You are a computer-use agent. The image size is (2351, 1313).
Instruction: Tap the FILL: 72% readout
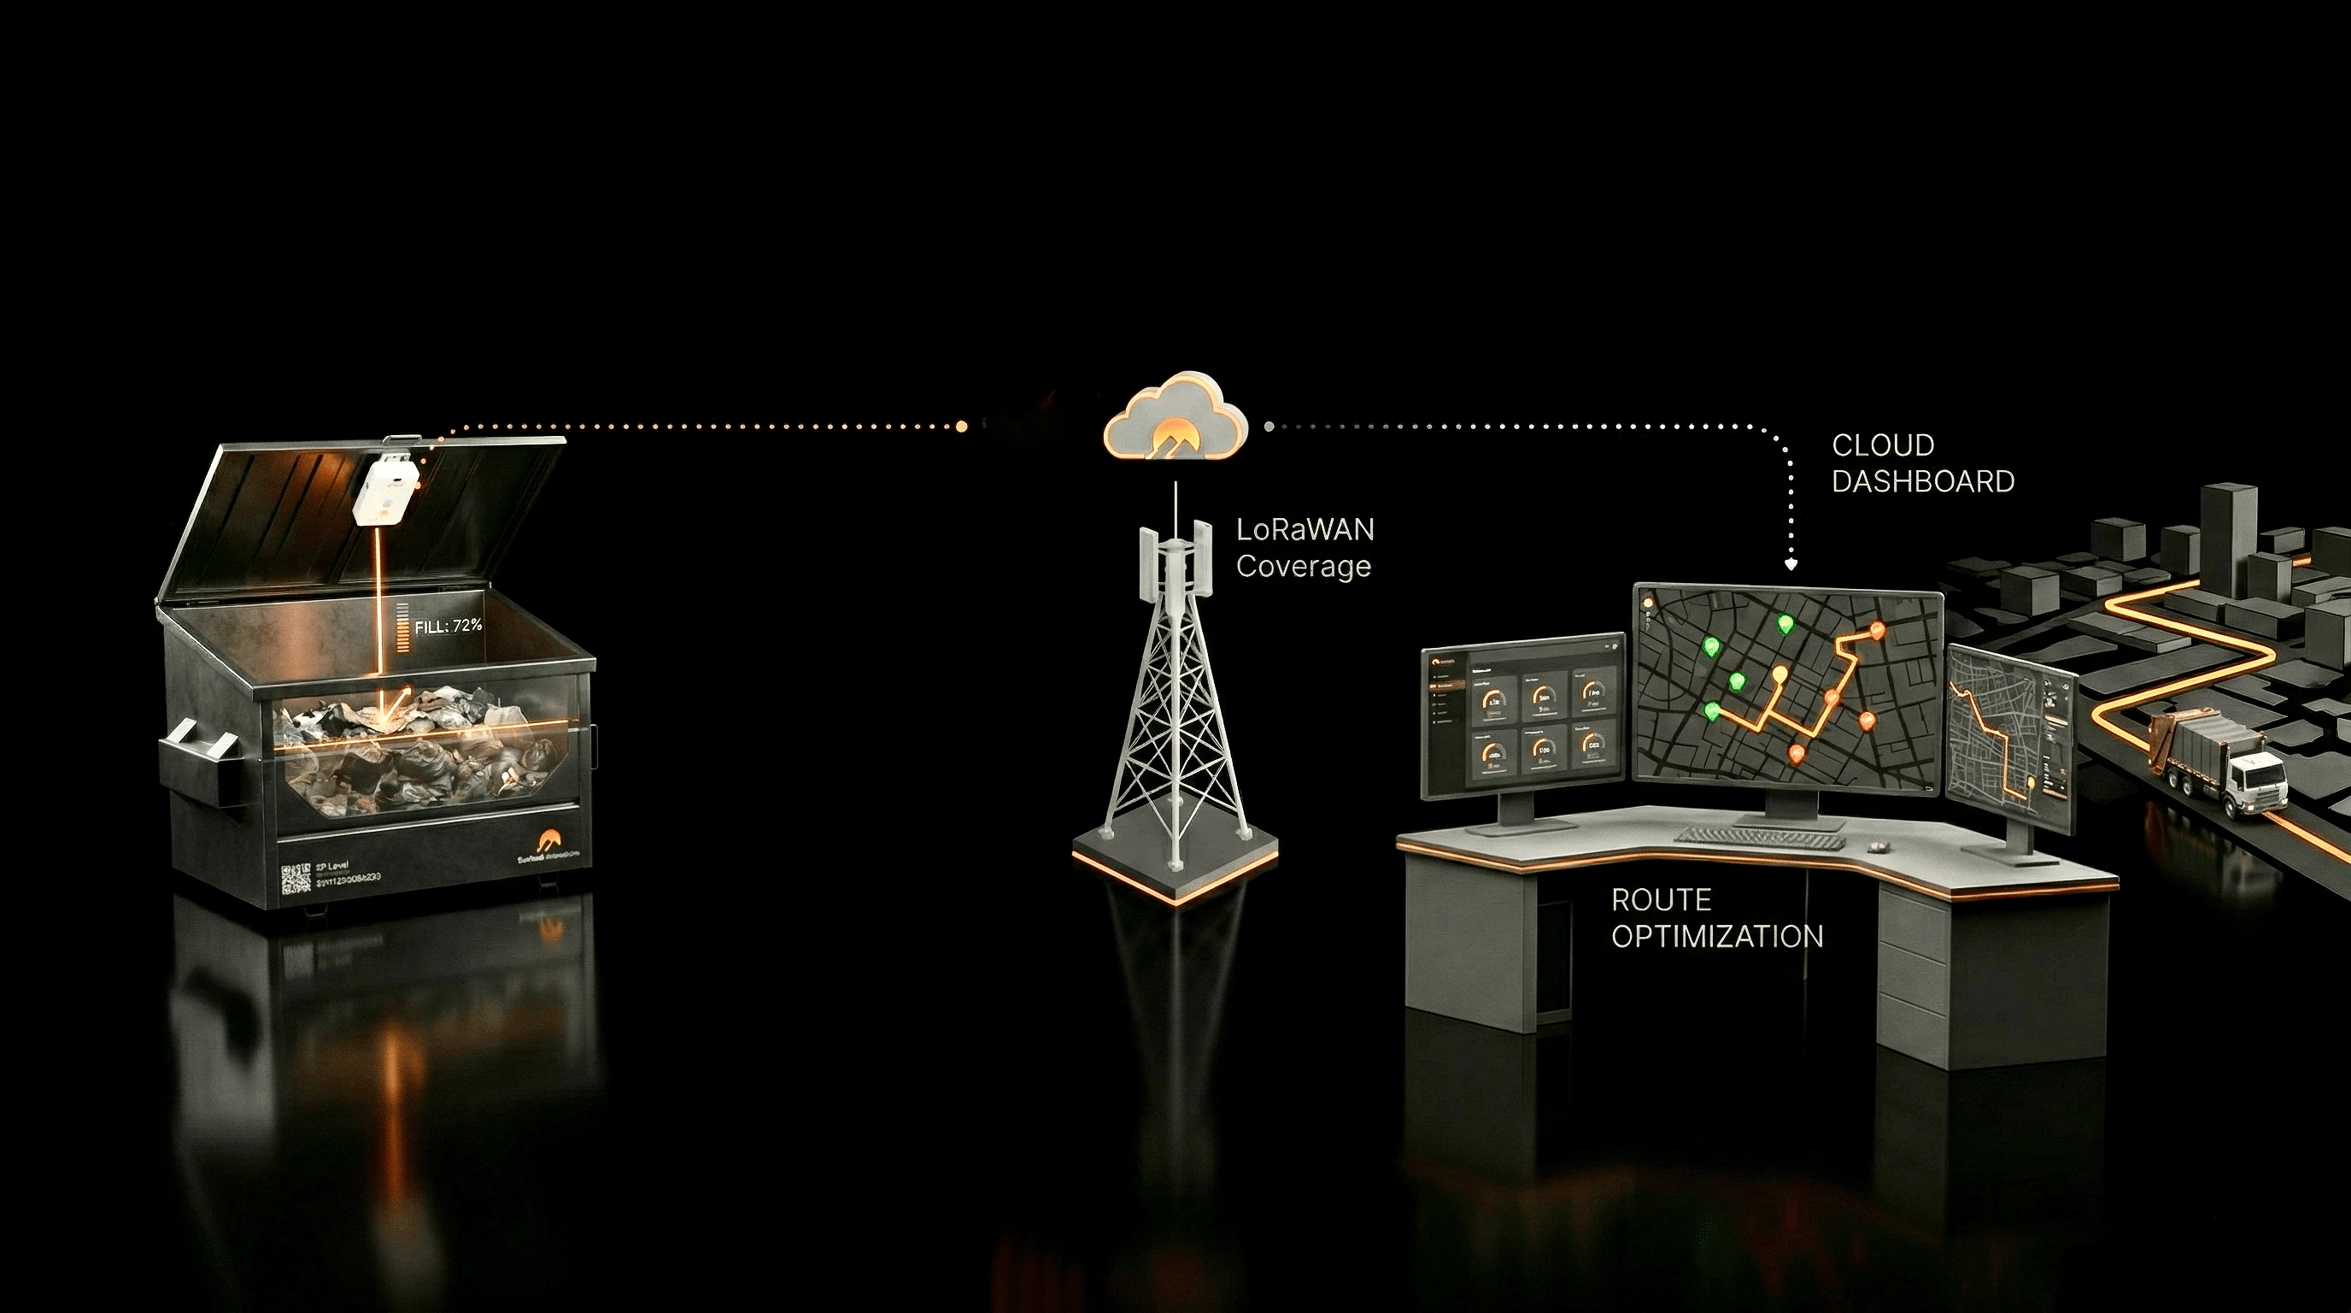tap(447, 627)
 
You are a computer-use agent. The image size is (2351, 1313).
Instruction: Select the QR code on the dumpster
tap(296, 877)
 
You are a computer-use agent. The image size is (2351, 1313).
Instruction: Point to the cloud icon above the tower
tap(1175, 420)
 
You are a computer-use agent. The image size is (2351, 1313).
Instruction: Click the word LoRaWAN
tap(1304, 530)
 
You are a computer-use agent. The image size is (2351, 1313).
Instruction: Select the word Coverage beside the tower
tap(1304, 566)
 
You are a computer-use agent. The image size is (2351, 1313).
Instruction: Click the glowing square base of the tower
tap(1175, 863)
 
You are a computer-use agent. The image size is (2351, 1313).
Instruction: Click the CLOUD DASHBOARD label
tap(1922, 463)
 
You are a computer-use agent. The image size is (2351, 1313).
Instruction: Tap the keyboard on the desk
tap(1759, 837)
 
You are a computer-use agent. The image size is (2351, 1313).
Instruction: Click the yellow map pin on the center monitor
tap(1779, 675)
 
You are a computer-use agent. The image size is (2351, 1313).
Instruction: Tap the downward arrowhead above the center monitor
tap(1791, 564)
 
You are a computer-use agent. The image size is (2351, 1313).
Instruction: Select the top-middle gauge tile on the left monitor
tap(1542, 698)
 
